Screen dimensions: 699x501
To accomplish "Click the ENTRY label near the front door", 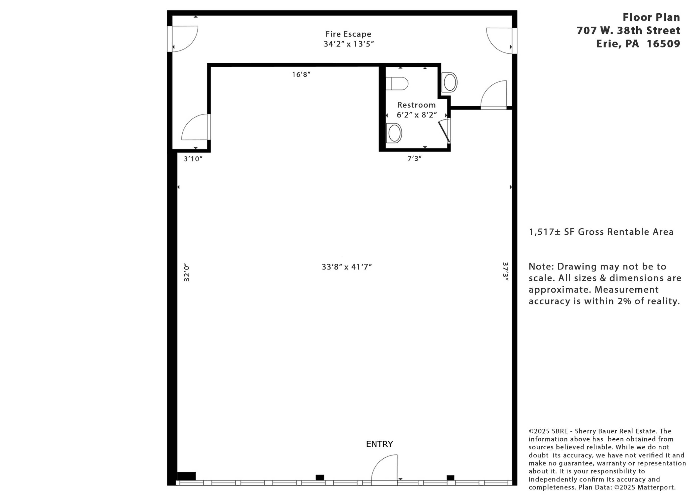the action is [x=379, y=444].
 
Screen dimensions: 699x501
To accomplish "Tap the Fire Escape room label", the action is [x=348, y=34].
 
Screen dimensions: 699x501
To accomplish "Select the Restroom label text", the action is [x=416, y=105].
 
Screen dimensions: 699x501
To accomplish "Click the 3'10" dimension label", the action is [x=193, y=159].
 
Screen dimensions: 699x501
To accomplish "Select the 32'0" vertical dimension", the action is [x=186, y=272].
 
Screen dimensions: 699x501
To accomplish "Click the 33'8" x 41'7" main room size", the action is [x=347, y=267].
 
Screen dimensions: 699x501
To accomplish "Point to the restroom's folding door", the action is [x=444, y=131].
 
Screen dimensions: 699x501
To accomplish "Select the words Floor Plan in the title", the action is [x=651, y=17].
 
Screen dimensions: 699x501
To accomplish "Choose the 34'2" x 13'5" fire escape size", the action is [x=348, y=44].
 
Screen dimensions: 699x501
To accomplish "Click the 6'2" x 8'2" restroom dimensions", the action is [x=417, y=115].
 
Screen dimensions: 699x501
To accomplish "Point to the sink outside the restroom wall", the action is [x=449, y=82].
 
